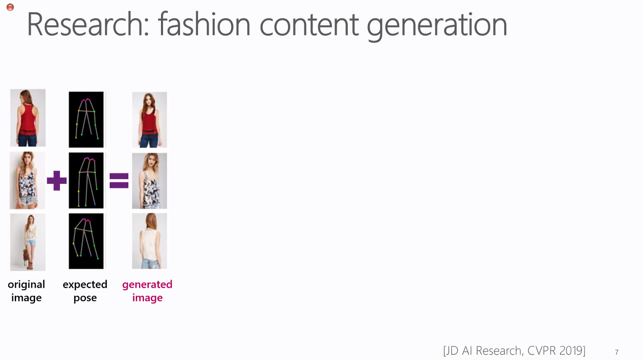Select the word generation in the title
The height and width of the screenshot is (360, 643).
pos(437,27)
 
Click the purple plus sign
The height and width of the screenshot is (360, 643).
pos(57,180)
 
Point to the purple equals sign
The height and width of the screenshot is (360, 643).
pos(119,180)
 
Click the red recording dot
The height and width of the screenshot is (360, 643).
pos(10,7)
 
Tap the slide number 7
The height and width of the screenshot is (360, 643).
pos(617,352)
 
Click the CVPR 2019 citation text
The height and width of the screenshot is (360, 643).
pos(514,351)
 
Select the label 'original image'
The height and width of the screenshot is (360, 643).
pos(26,291)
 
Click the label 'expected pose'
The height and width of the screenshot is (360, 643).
pos(85,291)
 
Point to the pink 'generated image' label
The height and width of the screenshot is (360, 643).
pos(147,291)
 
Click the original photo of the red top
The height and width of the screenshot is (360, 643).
pos(28,118)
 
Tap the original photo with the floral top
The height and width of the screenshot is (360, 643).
pos(27,180)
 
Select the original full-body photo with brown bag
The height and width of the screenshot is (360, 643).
pos(28,242)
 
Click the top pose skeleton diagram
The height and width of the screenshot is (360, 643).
pos(86,120)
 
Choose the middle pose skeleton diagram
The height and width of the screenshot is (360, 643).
pos(86,180)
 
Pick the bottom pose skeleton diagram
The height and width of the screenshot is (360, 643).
pos(86,241)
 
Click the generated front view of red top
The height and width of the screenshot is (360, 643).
pos(150,120)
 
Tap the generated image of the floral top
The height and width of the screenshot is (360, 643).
pos(150,181)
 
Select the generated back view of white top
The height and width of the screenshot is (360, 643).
pos(150,241)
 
